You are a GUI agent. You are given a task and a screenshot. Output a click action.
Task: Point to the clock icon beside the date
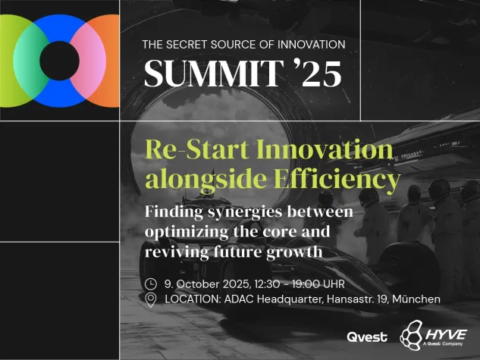click(151, 284)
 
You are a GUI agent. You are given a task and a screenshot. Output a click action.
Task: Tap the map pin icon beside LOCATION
click(151, 300)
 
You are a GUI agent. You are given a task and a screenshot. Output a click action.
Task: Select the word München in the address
click(414, 299)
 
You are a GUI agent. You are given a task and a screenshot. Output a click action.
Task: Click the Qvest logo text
click(367, 337)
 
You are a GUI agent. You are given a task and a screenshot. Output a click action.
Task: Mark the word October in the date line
click(199, 284)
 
